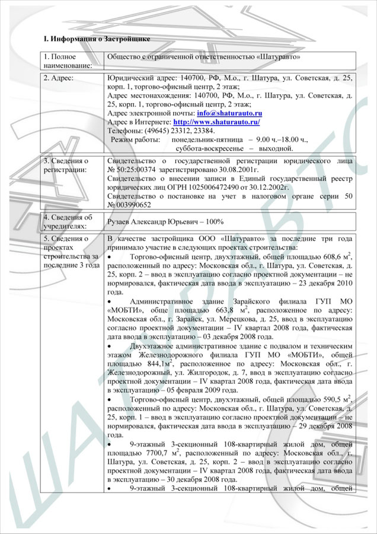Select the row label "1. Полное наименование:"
point(68,61)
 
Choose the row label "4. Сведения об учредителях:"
point(68,221)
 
